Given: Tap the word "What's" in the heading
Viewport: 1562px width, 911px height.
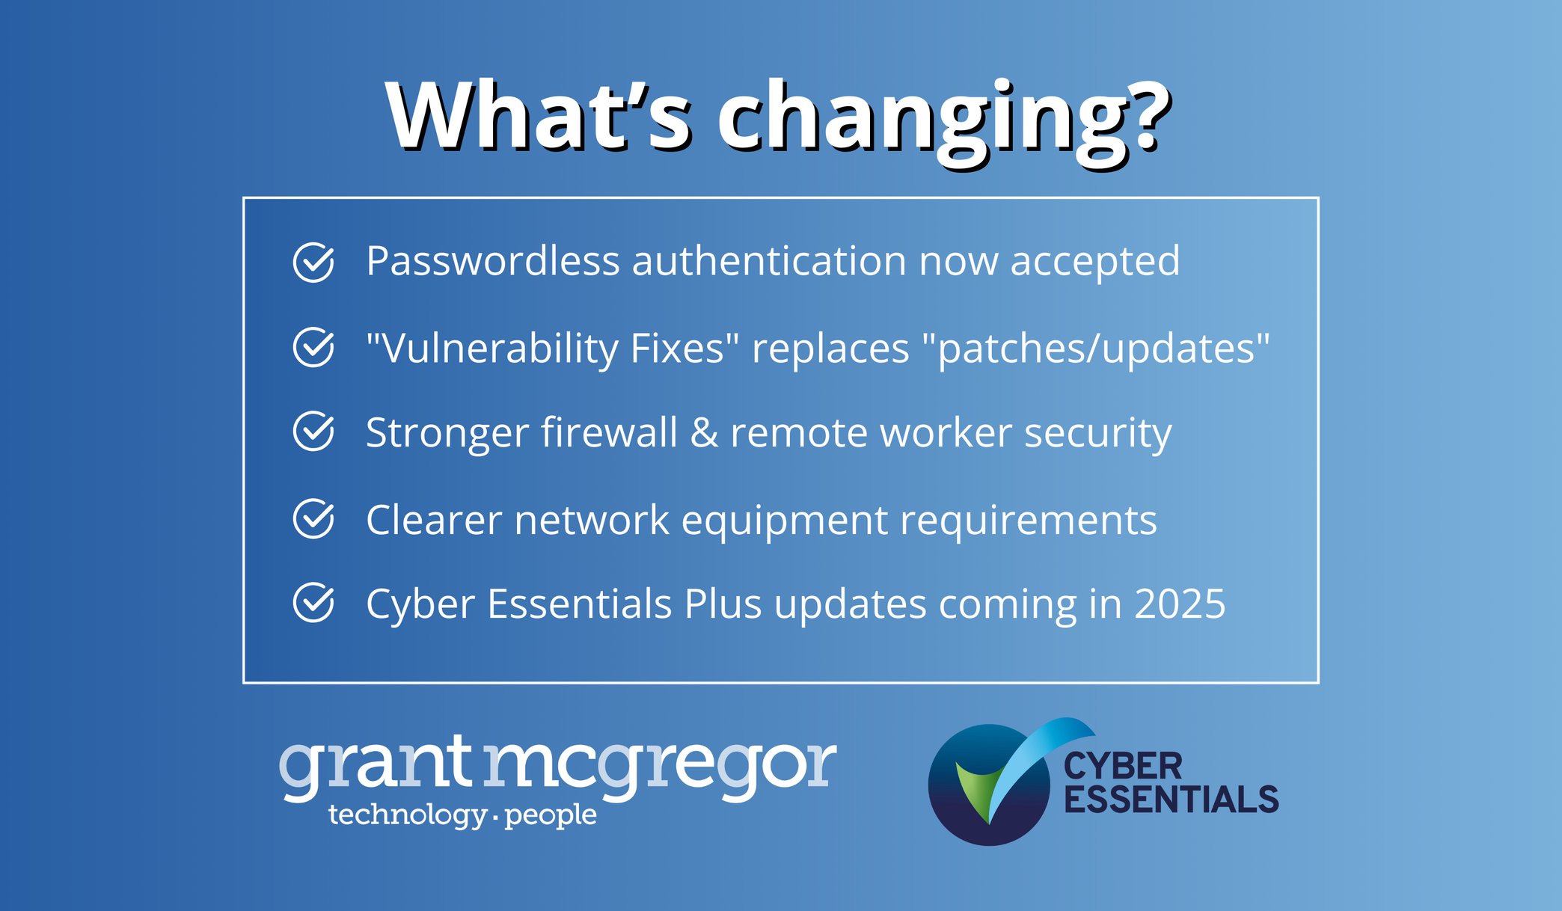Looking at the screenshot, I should pos(539,117).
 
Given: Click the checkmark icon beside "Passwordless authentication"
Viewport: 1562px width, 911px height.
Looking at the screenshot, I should pos(313,263).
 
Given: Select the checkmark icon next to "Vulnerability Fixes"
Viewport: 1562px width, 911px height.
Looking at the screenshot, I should pos(313,347).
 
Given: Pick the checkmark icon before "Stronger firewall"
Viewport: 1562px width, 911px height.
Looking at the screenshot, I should pos(313,432).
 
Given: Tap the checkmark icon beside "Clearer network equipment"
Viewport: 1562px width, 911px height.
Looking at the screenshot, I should pos(313,518).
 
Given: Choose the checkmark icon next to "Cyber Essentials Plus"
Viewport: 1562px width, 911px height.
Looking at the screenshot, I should pos(313,603).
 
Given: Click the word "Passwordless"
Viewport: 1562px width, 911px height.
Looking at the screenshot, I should pos(493,262).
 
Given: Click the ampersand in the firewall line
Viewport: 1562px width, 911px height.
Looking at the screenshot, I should pos(704,433).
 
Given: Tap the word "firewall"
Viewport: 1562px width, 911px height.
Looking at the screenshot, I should pos(609,433).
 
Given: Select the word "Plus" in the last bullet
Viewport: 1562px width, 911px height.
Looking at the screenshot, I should pos(723,604).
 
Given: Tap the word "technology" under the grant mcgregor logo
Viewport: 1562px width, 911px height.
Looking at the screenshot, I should pos(408,815).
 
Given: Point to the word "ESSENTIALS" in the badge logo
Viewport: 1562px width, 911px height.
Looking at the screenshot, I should pos(1171,800).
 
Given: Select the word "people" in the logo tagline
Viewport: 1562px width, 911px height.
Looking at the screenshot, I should pos(551,815).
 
